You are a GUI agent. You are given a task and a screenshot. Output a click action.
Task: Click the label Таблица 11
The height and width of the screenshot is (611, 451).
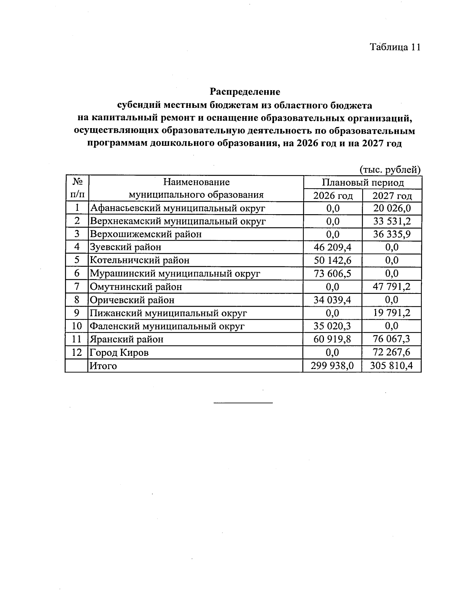coord(395,47)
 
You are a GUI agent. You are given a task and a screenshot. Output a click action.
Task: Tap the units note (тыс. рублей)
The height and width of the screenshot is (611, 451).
coord(390,170)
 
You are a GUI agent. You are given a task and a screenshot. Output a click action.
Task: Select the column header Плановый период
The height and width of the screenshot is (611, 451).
coord(362,183)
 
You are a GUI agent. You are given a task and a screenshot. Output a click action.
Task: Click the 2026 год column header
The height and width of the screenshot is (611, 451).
coord(333,196)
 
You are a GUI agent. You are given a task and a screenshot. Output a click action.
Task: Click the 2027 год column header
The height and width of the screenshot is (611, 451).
coord(392,196)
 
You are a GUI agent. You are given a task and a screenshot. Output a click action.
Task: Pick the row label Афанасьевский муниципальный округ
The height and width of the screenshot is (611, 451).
coord(177,208)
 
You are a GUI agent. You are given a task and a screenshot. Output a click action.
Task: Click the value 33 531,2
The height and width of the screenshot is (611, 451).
coord(392,221)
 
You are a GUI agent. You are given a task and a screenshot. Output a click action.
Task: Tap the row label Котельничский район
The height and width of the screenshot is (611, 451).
coord(139,260)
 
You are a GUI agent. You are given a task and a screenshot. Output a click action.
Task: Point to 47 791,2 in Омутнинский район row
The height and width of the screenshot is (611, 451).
coord(392,287)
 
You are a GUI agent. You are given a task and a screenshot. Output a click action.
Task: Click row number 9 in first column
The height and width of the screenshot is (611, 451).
coord(77,313)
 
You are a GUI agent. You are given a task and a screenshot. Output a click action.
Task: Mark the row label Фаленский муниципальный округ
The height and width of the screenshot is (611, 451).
coord(167,326)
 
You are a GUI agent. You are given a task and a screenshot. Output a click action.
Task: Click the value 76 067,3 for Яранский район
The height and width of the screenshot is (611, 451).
coord(392,339)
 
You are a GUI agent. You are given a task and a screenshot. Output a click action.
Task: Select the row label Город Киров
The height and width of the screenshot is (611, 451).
coord(119,352)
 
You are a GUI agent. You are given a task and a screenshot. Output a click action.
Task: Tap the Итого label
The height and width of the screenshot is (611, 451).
coord(103,366)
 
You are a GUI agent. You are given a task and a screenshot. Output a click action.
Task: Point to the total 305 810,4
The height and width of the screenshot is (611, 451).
coord(392,366)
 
